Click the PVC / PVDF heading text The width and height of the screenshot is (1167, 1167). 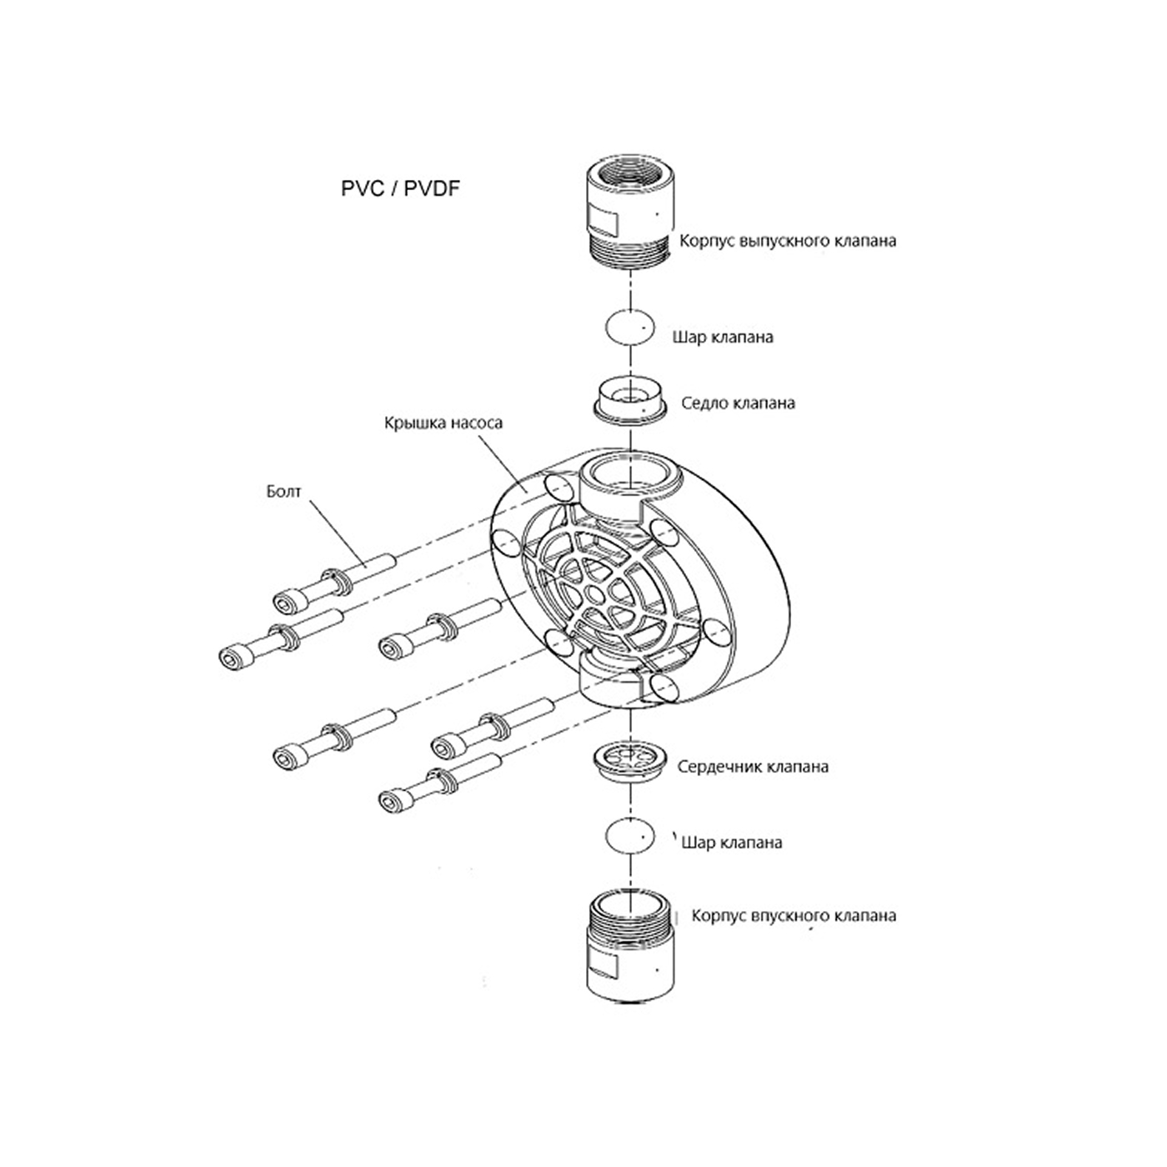point(400,188)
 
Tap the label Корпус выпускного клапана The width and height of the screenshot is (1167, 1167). point(788,241)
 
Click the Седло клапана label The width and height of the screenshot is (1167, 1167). point(738,403)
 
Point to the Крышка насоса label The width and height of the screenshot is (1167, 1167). point(443,423)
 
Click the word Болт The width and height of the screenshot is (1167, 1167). point(283,491)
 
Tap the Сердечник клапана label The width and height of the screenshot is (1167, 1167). point(753,766)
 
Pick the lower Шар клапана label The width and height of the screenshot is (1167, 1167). point(732,843)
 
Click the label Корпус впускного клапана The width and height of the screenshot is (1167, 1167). point(794,916)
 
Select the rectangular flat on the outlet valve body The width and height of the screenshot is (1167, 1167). point(603,221)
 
